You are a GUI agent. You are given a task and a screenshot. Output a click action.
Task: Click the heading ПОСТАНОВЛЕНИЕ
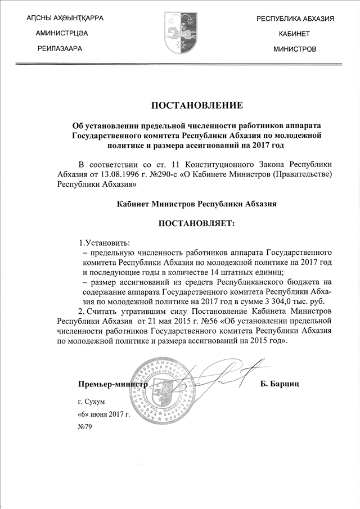(197, 105)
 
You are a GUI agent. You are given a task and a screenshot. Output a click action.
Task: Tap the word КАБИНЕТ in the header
(295, 34)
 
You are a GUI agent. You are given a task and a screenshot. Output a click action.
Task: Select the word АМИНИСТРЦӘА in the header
(62, 34)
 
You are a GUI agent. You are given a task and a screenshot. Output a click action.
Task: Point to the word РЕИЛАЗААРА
(60, 49)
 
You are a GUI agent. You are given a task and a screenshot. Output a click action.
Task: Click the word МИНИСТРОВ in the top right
(295, 49)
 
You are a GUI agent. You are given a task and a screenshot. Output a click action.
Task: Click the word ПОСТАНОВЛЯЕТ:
(196, 224)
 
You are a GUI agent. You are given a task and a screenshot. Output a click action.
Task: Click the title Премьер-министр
(112, 384)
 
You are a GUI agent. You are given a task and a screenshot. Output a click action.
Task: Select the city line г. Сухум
(92, 403)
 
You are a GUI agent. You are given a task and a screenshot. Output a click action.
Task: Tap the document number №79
(84, 427)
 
